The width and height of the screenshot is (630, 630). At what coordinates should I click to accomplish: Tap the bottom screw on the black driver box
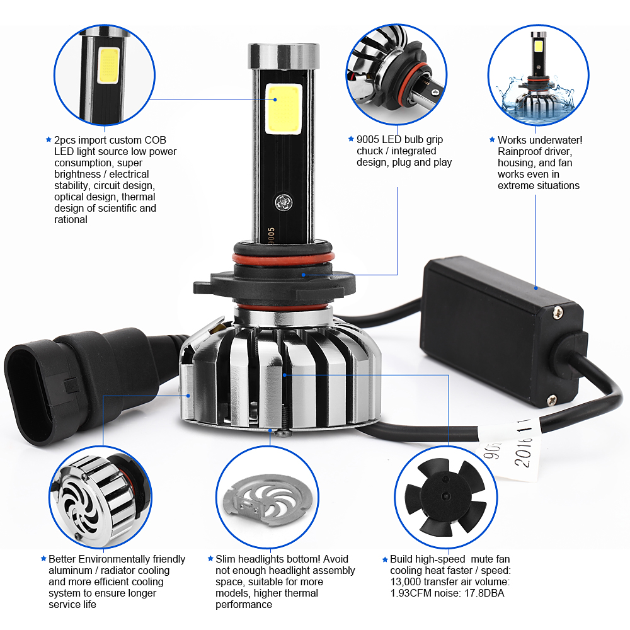click(552, 398)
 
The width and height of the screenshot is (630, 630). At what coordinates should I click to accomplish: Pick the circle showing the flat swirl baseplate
click(267, 498)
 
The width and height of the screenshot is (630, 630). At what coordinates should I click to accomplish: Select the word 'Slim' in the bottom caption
click(226, 559)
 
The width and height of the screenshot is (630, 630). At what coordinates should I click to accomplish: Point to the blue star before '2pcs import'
click(48, 139)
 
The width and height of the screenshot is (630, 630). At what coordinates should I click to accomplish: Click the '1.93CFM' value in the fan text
click(407, 593)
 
